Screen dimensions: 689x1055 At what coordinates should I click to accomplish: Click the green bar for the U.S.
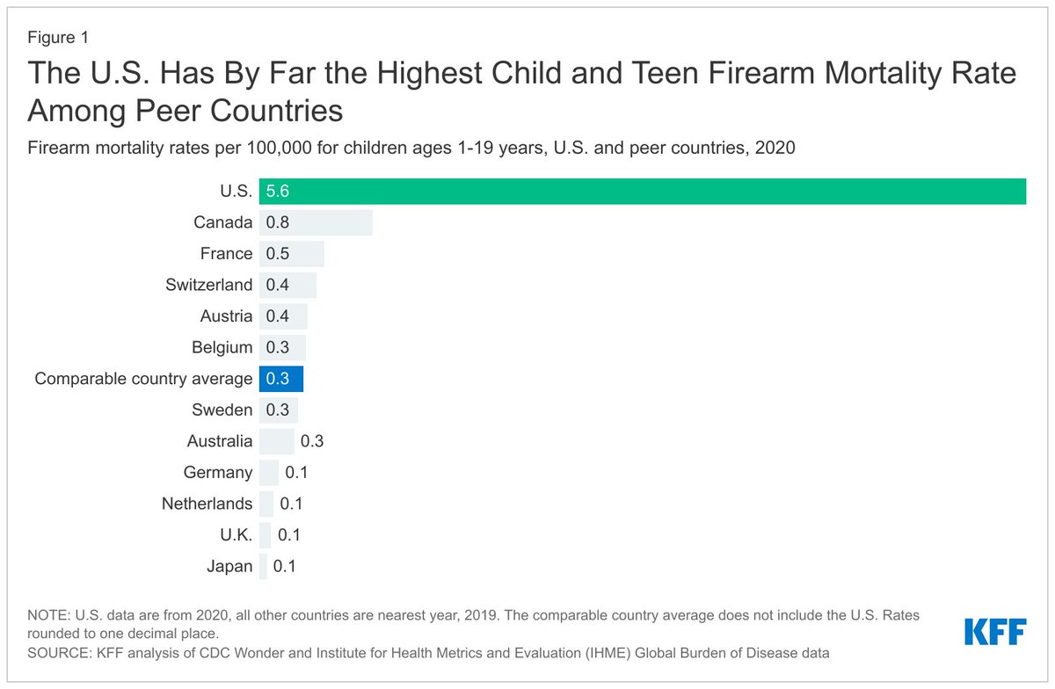[642, 192]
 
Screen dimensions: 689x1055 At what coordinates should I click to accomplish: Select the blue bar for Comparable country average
[281, 379]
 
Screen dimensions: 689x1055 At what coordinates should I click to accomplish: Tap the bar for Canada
[316, 222]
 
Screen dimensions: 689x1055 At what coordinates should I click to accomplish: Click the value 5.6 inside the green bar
[278, 192]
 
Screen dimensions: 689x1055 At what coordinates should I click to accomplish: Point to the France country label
[226, 254]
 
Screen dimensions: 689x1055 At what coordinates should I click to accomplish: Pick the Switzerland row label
[208, 285]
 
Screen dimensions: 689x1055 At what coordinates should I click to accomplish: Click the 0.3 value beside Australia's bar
[312, 441]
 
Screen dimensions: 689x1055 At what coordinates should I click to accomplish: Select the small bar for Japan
[263, 566]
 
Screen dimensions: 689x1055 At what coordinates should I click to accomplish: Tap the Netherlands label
[207, 504]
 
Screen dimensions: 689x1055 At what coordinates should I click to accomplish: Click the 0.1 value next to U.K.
[289, 535]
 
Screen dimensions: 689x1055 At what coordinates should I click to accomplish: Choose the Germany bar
[268, 473]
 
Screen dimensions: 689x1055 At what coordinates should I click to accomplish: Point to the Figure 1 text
[58, 38]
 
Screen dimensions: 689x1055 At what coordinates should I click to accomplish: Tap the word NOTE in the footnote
[48, 615]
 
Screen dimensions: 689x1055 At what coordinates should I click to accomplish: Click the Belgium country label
[222, 347]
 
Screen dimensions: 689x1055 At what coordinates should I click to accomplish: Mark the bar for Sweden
[279, 410]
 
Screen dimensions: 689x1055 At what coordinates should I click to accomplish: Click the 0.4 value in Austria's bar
[278, 316]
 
